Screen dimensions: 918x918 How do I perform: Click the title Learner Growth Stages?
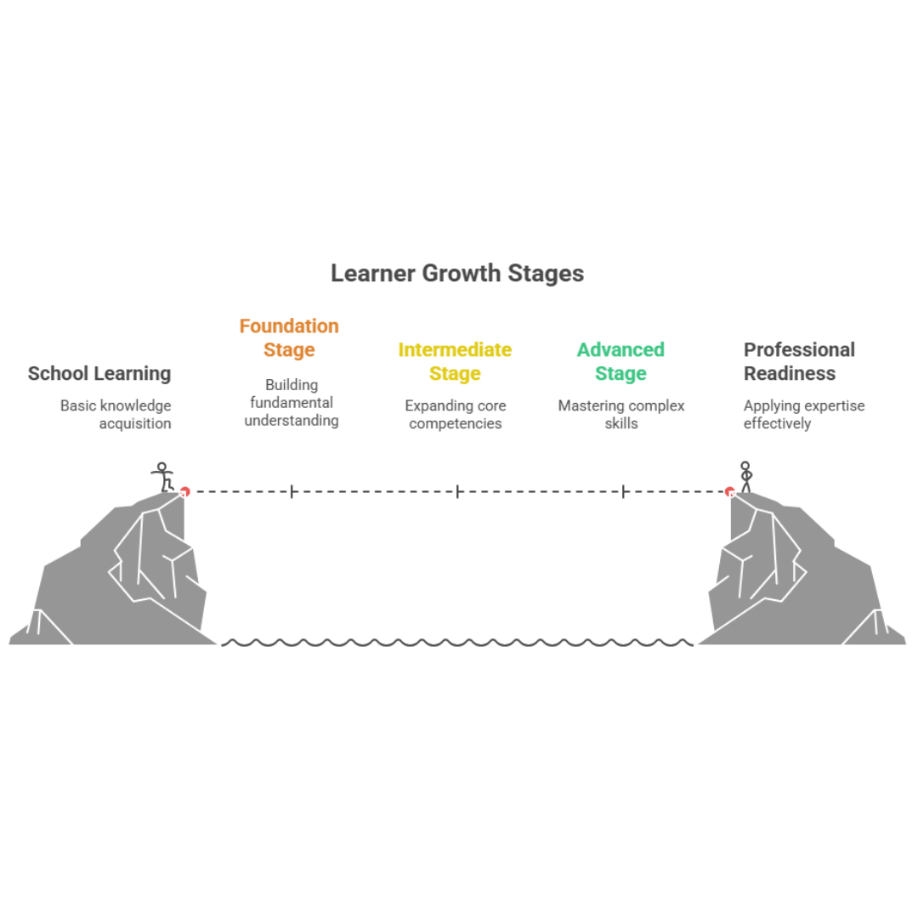456,274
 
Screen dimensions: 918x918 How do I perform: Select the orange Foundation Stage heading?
289,337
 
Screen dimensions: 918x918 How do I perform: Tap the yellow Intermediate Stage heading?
455,361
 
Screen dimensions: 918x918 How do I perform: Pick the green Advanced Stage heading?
620,361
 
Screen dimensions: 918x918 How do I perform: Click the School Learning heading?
99,373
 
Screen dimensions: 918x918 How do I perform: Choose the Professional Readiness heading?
799,361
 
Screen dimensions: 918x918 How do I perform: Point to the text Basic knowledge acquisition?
116,414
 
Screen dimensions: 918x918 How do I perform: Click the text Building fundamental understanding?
291,402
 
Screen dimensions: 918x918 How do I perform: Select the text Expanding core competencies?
456,414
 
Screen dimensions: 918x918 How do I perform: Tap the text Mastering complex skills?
620,414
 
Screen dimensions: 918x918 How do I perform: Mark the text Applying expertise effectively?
803,414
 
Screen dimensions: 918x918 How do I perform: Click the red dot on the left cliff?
184,491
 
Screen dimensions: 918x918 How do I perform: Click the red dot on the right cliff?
729,491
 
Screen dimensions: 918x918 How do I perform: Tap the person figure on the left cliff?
163,476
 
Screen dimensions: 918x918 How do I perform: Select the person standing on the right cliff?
745,476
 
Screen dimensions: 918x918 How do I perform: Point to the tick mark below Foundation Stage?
292,491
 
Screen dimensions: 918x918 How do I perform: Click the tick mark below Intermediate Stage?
457,491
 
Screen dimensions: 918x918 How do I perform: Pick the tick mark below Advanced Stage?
623,491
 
